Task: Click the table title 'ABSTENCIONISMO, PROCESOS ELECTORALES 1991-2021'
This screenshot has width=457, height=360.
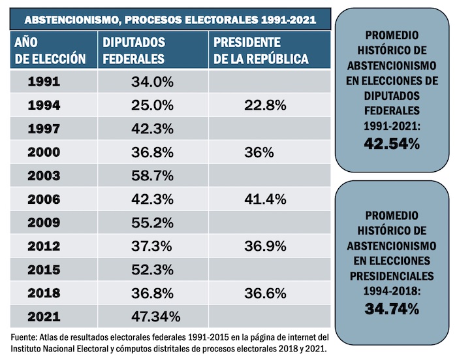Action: [x=170, y=20]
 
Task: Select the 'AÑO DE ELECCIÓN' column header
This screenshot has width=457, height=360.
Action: [x=50, y=50]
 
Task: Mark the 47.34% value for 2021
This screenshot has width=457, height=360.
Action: [x=156, y=317]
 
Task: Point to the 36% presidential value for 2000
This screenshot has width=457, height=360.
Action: [x=259, y=152]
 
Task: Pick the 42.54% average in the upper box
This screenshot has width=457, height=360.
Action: [x=392, y=143]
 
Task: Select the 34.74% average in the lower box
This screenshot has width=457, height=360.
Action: [x=392, y=309]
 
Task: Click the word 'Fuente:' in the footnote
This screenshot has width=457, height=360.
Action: [x=25, y=337]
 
